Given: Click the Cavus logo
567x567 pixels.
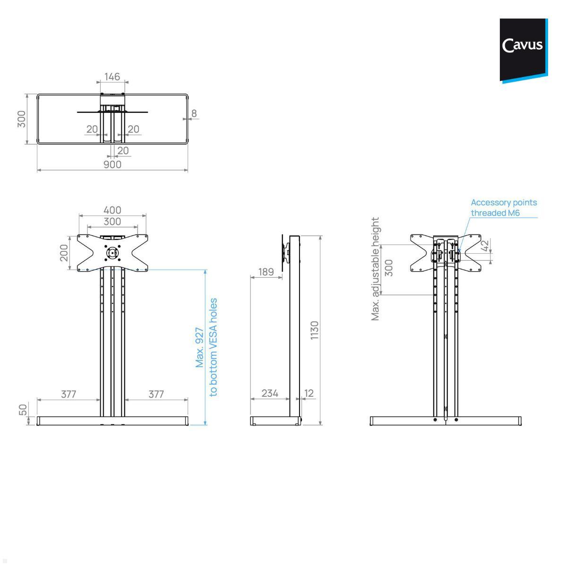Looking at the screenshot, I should [523, 46].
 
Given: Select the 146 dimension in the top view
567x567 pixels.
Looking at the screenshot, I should [112, 77].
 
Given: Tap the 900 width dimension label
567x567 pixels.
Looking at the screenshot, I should [112, 164].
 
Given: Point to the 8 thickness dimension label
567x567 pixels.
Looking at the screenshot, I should [194, 113].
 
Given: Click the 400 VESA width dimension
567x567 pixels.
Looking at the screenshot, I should [112, 210].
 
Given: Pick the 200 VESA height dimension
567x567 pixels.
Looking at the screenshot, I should [64, 253].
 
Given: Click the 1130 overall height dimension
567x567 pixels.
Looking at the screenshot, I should [315, 330].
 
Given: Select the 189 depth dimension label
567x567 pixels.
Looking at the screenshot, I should [266, 272].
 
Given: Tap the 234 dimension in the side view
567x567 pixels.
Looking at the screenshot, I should [270, 393].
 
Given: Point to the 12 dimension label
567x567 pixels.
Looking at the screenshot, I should [309, 393].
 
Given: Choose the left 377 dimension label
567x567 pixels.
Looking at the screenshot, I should [69, 394].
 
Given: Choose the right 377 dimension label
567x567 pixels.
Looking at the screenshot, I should [156, 394].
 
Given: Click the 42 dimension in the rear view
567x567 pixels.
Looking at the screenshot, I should [484, 246].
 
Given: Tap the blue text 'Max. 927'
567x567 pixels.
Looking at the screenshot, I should [200, 347].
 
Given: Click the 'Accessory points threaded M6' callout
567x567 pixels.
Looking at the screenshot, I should [504, 207].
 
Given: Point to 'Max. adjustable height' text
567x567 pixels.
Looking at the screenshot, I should [376, 269].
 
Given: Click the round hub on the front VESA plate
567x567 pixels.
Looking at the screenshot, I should [112, 253].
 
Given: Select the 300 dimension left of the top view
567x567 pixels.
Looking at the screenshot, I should [21, 119].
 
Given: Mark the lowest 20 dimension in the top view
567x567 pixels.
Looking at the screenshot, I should [123, 151].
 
